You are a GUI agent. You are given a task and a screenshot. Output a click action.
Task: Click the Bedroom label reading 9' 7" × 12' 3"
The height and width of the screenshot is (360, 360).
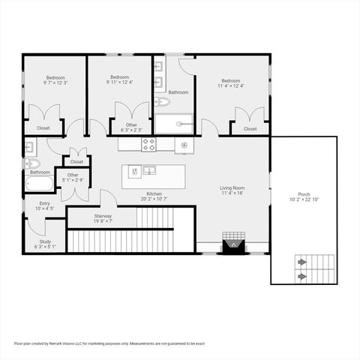pos(55,80)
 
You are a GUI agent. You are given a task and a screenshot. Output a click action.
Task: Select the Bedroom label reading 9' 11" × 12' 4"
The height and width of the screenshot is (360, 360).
pos(121,80)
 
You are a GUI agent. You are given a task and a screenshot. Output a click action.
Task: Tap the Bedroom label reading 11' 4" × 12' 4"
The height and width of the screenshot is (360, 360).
pos(230,83)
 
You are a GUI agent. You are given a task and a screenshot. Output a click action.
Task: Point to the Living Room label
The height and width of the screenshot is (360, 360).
pos(232,190)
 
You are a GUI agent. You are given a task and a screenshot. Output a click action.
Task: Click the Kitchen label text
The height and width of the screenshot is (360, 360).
pos(154,196)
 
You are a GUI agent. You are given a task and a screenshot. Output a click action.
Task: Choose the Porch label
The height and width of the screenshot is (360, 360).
pos(304,196)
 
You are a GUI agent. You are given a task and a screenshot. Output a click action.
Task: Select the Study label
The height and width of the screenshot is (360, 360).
pos(45,244)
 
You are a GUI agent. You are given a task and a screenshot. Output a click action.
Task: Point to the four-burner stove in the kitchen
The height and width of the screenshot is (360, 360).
pos(148,144)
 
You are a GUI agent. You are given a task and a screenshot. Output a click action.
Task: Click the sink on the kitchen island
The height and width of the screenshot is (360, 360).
pos(149,169)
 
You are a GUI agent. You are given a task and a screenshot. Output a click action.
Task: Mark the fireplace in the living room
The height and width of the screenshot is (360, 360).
pos(233,245)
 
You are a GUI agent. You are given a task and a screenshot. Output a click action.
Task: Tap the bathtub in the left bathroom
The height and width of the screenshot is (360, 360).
pos(39,184)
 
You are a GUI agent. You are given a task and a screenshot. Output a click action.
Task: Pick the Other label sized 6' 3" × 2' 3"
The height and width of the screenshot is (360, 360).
pos(131,127)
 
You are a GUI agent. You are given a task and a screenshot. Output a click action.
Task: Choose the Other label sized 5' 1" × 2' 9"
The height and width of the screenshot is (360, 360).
pos(73,178)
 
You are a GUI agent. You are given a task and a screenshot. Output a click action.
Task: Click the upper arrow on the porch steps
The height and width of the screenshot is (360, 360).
pos(302,262)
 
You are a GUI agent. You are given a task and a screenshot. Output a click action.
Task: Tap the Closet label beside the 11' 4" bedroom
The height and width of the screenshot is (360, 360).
pos(250,128)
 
